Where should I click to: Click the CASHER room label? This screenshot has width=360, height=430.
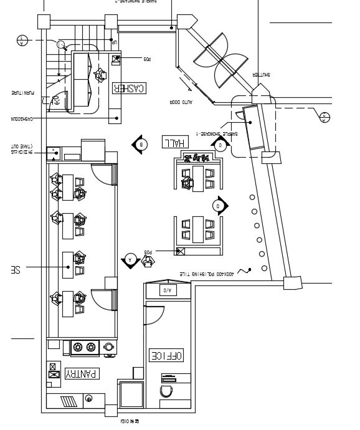point(129,88)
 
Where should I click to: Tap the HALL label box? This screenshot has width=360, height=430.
point(174,141)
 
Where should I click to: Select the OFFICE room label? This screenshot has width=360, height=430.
point(166,355)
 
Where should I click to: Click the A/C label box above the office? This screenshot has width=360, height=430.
point(167,290)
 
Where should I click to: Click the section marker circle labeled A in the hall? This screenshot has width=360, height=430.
point(130,258)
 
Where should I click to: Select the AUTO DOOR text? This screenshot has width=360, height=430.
point(181,102)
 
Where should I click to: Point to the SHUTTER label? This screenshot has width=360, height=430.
point(261,74)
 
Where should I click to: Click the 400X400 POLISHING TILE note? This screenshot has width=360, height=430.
point(206,274)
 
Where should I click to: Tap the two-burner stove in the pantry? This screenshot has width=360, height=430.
point(86,347)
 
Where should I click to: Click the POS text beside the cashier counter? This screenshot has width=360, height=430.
point(147,59)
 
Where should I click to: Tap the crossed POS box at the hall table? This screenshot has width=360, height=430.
point(181,252)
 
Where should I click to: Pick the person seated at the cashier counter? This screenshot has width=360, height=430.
point(100,75)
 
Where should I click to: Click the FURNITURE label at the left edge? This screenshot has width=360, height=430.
point(24,93)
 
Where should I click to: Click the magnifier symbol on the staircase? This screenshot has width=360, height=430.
point(62,44)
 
